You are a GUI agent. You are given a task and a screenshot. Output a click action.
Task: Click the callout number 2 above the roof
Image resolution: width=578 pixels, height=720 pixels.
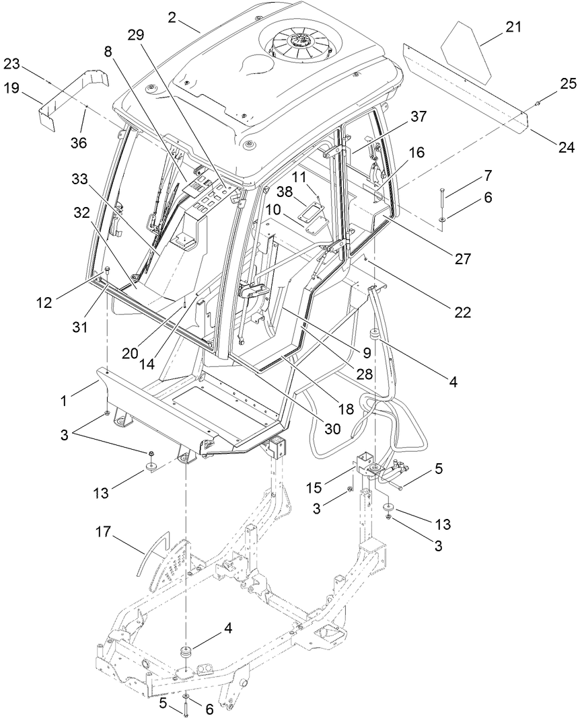[173, 17]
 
